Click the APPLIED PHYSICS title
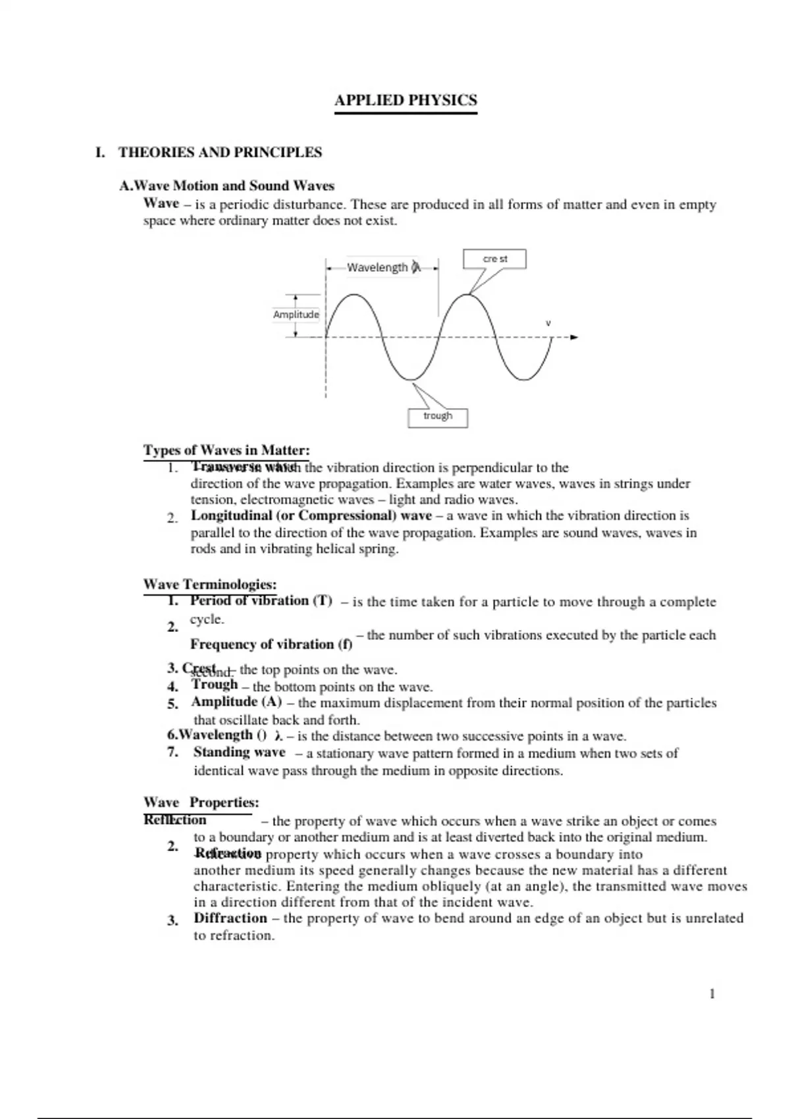point(406,101)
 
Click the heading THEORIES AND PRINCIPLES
point(220,153)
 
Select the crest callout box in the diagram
point(494,259)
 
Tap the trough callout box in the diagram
point(437,417)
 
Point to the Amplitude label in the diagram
point(296,315)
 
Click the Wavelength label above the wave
point(377,267)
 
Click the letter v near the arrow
point(548,323)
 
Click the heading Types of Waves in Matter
point(226,450)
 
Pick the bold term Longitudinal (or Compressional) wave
point(311,515)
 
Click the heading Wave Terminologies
point(210,584)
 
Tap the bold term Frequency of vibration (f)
point(271,644)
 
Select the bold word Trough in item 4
point(215,685)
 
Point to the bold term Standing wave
point(239,752)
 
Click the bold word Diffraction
point(230,918)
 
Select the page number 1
point(712,994)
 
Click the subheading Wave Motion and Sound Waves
point(227,186)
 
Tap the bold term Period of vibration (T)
point(261,600)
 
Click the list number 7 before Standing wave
point(172,752)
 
